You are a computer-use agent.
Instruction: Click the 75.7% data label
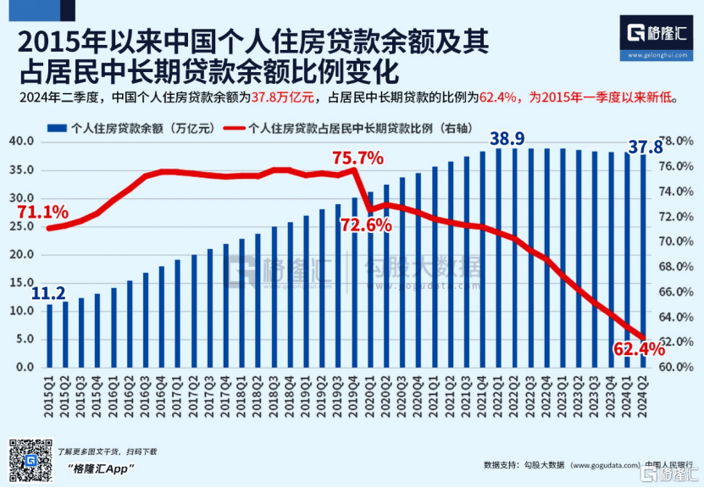click(x=358, y=158)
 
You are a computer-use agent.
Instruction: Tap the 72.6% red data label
click(x=366, y=225)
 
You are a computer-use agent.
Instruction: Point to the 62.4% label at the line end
click(x=640, y=348)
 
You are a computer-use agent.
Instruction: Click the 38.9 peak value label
click(x=507, y=139)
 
